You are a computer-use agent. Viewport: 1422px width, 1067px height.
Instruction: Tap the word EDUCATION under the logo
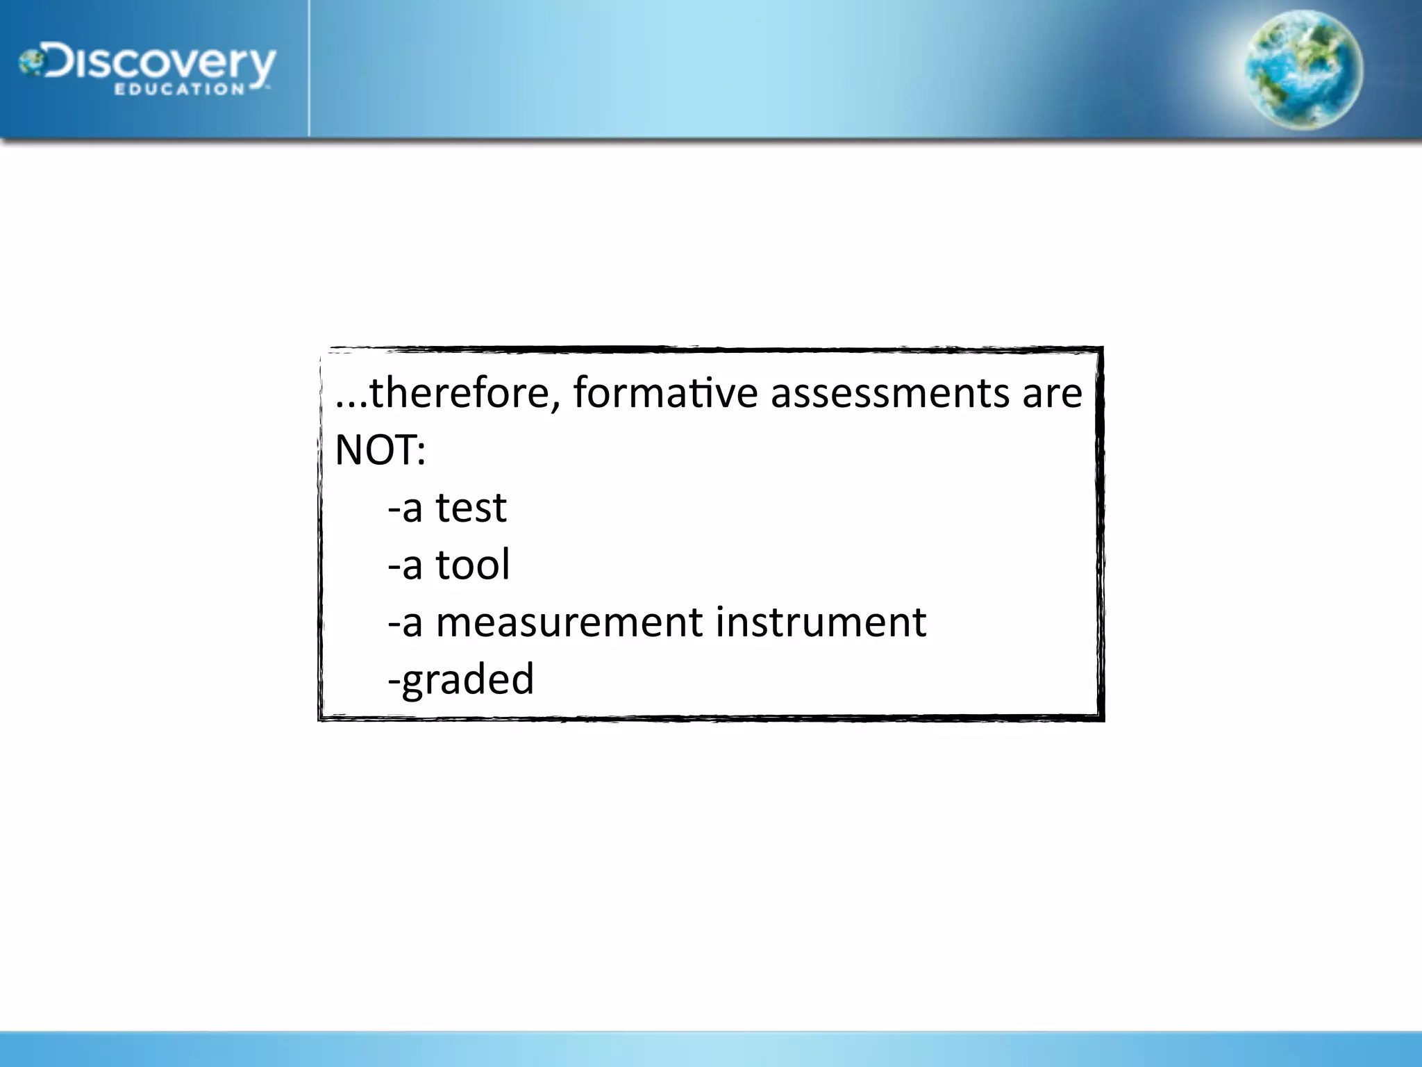pos(178,89)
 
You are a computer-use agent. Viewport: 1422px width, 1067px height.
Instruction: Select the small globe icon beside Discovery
pos(31,63)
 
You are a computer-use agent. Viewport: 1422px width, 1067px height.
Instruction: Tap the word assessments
pos(889,393)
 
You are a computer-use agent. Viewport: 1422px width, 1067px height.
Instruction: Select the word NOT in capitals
pos(374,450)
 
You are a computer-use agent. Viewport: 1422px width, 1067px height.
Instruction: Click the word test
pos(471,508)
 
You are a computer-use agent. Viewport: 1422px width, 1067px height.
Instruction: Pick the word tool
pos(472,565)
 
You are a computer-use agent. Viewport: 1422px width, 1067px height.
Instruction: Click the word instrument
pos(821,622)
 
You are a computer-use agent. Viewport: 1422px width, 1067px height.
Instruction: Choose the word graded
pos(468,679)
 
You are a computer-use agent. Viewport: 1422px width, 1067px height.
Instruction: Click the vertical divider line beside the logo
pos(308,68)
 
